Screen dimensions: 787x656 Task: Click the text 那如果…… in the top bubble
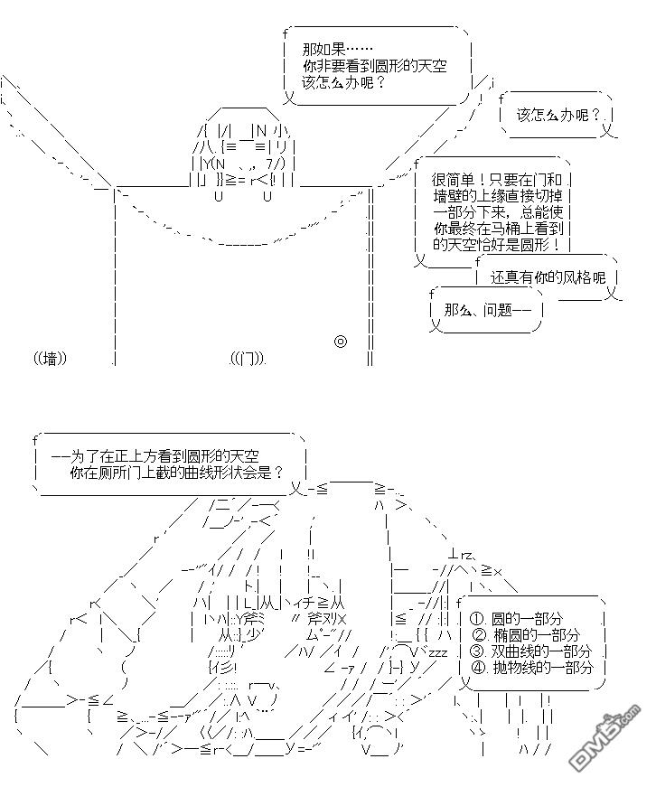[336, 50]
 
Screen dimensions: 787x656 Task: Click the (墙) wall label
[52, 358]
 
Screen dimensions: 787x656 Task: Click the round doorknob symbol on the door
[341, 342]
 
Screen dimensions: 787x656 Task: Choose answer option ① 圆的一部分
[516, 619]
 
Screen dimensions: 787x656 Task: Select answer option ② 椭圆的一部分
[524, 635]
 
